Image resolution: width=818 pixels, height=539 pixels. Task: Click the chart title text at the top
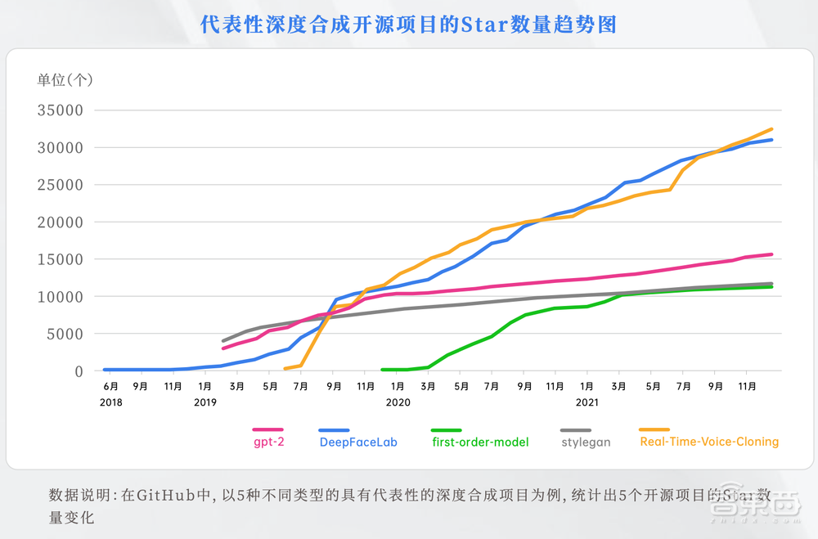click(408, 25)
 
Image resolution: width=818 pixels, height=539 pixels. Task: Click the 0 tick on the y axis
click(79, 371)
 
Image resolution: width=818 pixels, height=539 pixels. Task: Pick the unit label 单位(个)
click(66, 79)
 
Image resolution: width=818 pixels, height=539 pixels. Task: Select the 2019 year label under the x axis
click(204, 402)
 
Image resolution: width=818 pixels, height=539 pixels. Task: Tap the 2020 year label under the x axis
click(397, 402)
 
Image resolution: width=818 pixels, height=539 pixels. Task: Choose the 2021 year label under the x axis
click(587, 402)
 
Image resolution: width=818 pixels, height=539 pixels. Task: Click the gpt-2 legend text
click(267, 442)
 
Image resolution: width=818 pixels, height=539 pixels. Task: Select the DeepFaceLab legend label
click(358, 442)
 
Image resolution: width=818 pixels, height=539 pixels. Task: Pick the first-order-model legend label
click(480, 442)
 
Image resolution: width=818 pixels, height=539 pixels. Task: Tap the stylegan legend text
click(587, 442)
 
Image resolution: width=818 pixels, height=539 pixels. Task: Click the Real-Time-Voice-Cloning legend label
click(709, 442)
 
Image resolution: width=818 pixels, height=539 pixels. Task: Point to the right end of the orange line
click(771, 129)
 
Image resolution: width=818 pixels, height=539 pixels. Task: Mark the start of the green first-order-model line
click(383, 370)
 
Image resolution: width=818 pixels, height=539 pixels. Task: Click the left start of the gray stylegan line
click(223, 341)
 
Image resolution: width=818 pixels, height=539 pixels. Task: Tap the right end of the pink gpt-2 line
click(771, 254)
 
